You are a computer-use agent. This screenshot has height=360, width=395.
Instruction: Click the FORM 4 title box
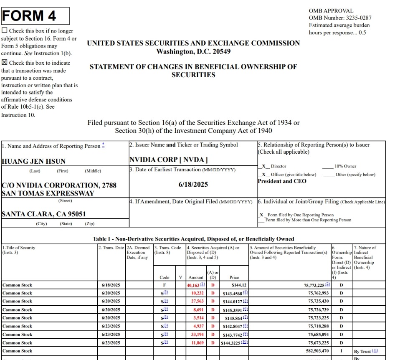35,16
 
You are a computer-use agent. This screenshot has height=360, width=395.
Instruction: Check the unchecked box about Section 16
5,30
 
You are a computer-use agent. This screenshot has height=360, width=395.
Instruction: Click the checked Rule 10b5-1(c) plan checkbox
5,63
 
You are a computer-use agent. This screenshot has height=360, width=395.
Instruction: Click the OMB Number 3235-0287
340,18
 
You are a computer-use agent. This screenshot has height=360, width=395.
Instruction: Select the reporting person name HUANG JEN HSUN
34,161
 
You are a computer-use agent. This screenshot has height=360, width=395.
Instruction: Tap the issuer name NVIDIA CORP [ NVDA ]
169,160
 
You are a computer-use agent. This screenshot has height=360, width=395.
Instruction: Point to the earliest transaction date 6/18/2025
193,184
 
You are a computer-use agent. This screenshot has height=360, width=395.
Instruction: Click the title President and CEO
282,181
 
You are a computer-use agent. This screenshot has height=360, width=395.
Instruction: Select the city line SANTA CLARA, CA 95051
44,214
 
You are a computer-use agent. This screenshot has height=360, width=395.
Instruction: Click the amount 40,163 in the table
195,285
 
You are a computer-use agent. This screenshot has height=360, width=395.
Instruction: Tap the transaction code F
165,285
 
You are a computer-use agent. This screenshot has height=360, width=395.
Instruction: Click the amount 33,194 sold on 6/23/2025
196,335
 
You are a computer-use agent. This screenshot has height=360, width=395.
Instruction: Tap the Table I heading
193,239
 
